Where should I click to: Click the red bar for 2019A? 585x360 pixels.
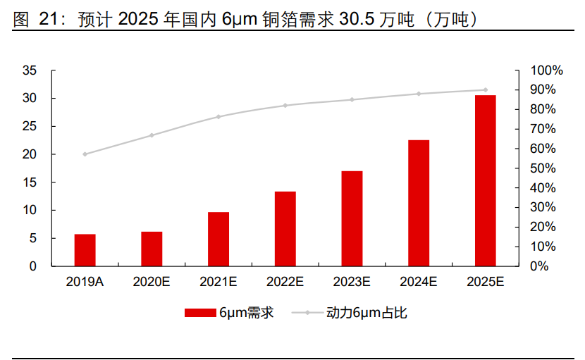click(x=85, y=250)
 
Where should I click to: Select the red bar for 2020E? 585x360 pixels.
click(x=152, y=249)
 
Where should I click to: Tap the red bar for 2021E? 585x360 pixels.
click(x=218, y=239)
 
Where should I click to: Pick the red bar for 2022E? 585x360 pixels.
click(x=285, y=229)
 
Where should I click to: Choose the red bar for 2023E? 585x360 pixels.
click(x=352, y=218)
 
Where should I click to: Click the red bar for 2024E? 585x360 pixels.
click(x=419, y=203)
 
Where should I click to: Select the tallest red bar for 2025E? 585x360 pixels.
click(x=485, y=180)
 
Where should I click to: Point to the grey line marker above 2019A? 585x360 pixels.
click(x=85, y=154)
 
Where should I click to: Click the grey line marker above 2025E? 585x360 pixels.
click(x=485, y=90)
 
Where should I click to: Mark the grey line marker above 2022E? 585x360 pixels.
click(x=285, y=106)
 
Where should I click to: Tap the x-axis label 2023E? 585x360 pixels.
click(x=352, y=282)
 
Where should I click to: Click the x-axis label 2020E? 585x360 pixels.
click(x=152, y=282)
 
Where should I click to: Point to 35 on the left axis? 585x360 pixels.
click(x=30, y=70)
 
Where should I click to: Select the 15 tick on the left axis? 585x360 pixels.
click(x=30, y=182)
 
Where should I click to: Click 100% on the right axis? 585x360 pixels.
click(x=547, y=70)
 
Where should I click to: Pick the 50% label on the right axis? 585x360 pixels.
click(x=547, y=168)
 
